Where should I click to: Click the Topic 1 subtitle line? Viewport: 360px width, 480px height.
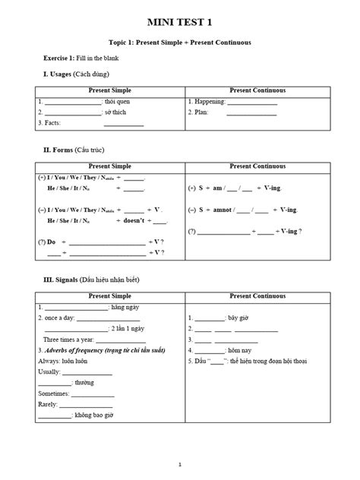click(180, 43)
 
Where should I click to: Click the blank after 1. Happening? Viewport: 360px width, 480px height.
click(251, 101)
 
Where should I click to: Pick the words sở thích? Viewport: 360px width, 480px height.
click(118, 112)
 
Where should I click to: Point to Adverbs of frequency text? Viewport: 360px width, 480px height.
click(73, 350)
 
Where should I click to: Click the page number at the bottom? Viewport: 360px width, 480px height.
click(180, 464)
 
